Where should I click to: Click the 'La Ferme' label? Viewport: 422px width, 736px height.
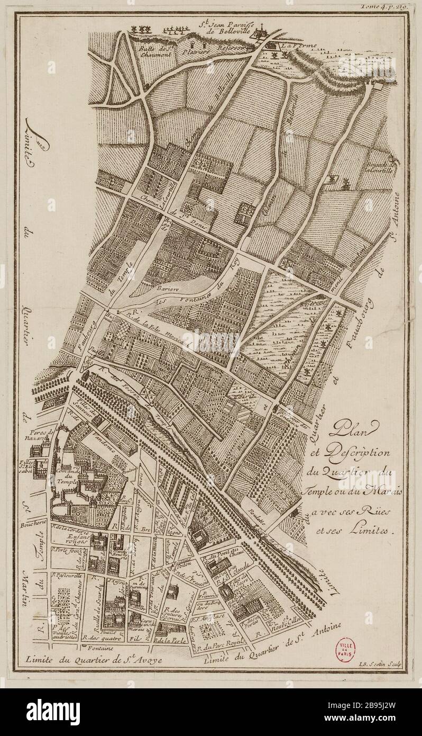click(299, 46)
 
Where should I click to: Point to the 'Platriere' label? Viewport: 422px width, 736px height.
click(189, 52)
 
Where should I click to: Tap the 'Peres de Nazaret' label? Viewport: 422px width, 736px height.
click(43, 435)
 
